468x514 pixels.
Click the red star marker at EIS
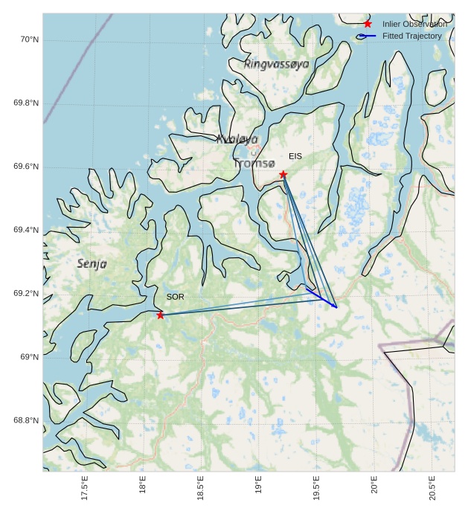coord(283,175)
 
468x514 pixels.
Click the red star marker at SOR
coord(161,315)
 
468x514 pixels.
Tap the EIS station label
coord(295,156)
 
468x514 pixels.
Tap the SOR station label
coord(175,297)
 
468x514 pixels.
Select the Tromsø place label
coord(254,164)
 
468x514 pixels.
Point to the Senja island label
coord(92,263)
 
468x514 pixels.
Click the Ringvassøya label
coord(276,65)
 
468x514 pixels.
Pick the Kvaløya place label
coord(237,139)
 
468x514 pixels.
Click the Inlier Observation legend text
coord(414,24)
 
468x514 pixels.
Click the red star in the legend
coord(368,24)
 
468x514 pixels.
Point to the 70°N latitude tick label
coord(29,39)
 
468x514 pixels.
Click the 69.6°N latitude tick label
coord(26,167)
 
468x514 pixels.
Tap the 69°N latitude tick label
coord(29,357)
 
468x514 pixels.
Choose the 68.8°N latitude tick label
coord(26,420)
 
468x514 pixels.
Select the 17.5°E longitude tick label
coord(85,487)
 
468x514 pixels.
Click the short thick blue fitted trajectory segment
coord(321,297)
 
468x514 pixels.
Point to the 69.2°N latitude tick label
coord(26,294)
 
